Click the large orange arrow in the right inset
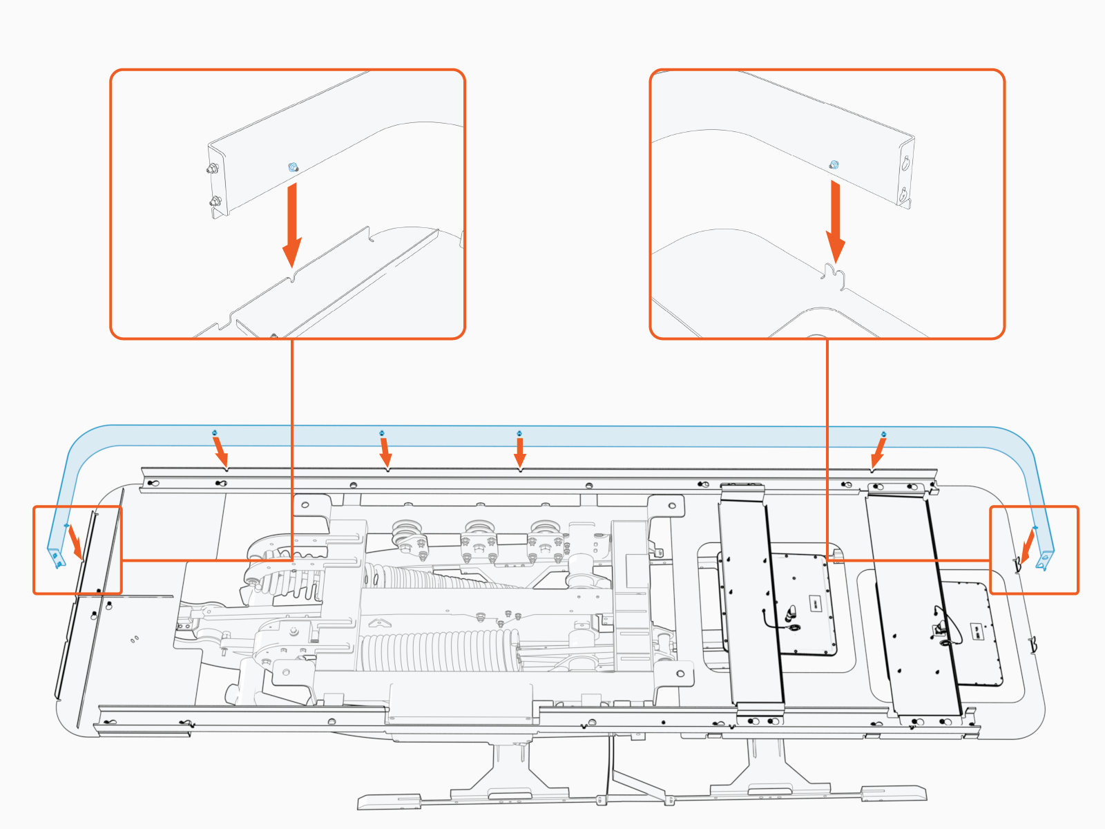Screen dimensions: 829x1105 click(836, 221)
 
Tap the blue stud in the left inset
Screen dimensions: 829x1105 click(293, 166)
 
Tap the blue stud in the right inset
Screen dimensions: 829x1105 click(834, 164)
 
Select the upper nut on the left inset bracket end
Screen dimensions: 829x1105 click(213, 168)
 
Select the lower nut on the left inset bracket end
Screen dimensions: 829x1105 click(214, 202)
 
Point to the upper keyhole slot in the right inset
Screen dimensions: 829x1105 click(905, 163)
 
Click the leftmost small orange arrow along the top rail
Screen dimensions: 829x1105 click(220, 453)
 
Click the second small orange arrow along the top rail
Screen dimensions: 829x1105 click(385, 453)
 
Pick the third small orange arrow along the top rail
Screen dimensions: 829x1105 click(520, 453)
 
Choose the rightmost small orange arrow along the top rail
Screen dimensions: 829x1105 click(878, 453)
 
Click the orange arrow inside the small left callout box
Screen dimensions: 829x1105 click(75, 543)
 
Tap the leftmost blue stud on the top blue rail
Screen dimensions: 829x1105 click(215, 433)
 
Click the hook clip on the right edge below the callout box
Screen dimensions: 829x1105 click(1033, 645)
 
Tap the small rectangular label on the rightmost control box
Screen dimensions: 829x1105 click(977, 630)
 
